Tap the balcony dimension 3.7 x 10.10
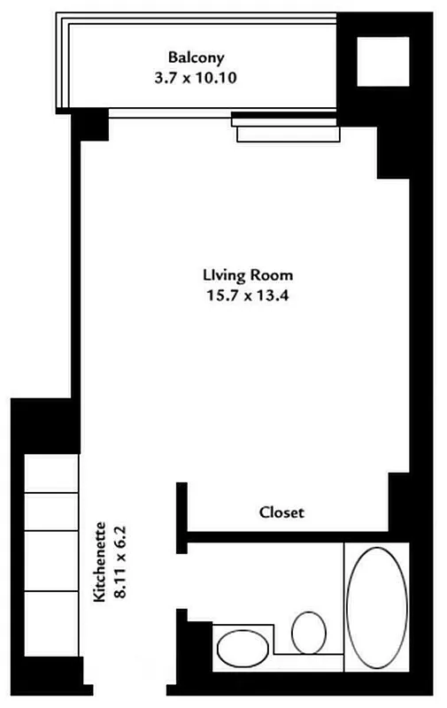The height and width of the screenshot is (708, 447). [197, 77]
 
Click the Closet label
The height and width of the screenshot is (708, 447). [281, 512]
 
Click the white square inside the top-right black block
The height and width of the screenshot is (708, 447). [375, 61]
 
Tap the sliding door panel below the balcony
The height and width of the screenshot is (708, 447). [287, 132]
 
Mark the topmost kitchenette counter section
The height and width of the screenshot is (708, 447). [49, 478]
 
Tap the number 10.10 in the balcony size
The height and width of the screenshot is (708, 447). [220, 77]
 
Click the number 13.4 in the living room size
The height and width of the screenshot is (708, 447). [270, 296]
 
